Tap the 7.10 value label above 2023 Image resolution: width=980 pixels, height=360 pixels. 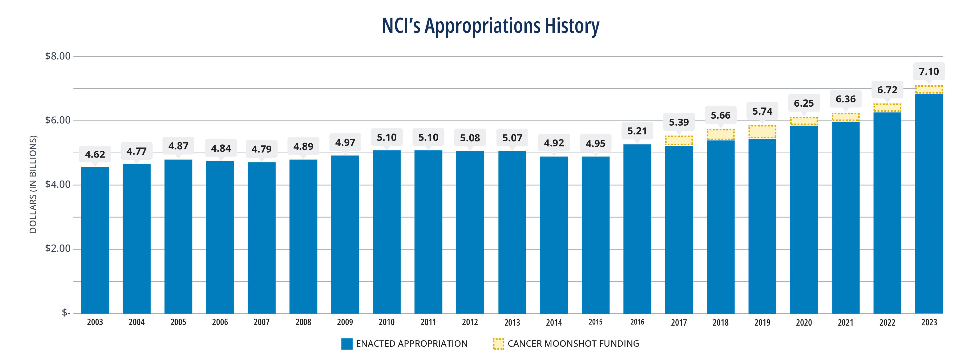coord(929,71)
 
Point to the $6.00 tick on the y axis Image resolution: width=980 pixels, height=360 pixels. coord(58,120)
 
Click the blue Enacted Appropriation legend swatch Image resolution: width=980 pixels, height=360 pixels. coord(346,344)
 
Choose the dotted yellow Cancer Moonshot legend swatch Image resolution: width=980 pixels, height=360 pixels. coord(498,344)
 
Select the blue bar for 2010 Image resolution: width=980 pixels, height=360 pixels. coord(386,232)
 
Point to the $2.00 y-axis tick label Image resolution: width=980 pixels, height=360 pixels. coord(58,249)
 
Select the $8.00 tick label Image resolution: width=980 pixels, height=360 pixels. coord(58,56)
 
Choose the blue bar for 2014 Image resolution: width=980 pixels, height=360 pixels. coord(554,235)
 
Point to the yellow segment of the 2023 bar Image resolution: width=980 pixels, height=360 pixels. coord(929,89)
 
